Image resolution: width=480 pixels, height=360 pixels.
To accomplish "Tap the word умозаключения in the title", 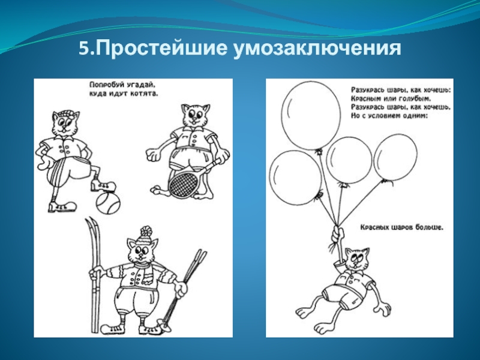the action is click(x=317, y=49).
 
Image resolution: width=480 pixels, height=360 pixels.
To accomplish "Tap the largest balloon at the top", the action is click(x=311, y=117).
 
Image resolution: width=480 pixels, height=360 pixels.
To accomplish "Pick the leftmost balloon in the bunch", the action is click(x=295, y=178).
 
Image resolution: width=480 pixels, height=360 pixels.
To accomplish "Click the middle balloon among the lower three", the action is click(x=349, y=161).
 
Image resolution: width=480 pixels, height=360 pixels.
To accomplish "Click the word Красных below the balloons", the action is click(x=376, y=227).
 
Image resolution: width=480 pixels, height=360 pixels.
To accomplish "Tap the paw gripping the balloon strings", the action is click(x=338, y=234).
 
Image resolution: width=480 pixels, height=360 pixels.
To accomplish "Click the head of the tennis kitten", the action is click(x=195, y=116).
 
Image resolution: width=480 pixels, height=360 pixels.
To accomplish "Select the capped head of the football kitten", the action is click(x=65, y=122).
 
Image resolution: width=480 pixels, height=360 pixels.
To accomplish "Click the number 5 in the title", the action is click(x=83, y=49).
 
